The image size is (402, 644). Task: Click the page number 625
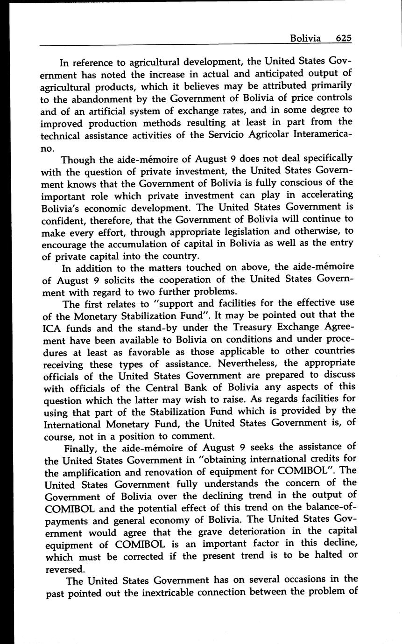343,38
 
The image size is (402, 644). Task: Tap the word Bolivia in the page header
305,38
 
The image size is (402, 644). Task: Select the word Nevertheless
248,364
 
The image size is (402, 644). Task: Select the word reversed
65,569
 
